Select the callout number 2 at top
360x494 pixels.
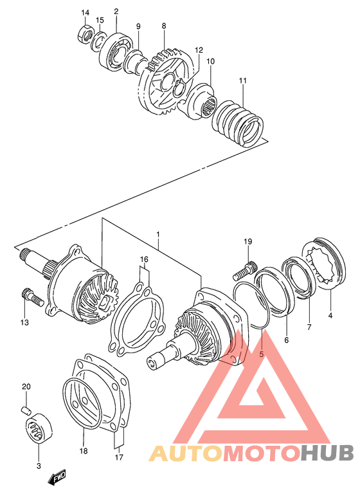click(116, 11)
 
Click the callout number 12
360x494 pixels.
click(199, 50)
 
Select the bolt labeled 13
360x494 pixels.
click(30, 297)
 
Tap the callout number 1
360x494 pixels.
click(157, 235)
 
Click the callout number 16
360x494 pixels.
click(145, 260)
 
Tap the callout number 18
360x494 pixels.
click(82, 452)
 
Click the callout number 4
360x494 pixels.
click(331, 316)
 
